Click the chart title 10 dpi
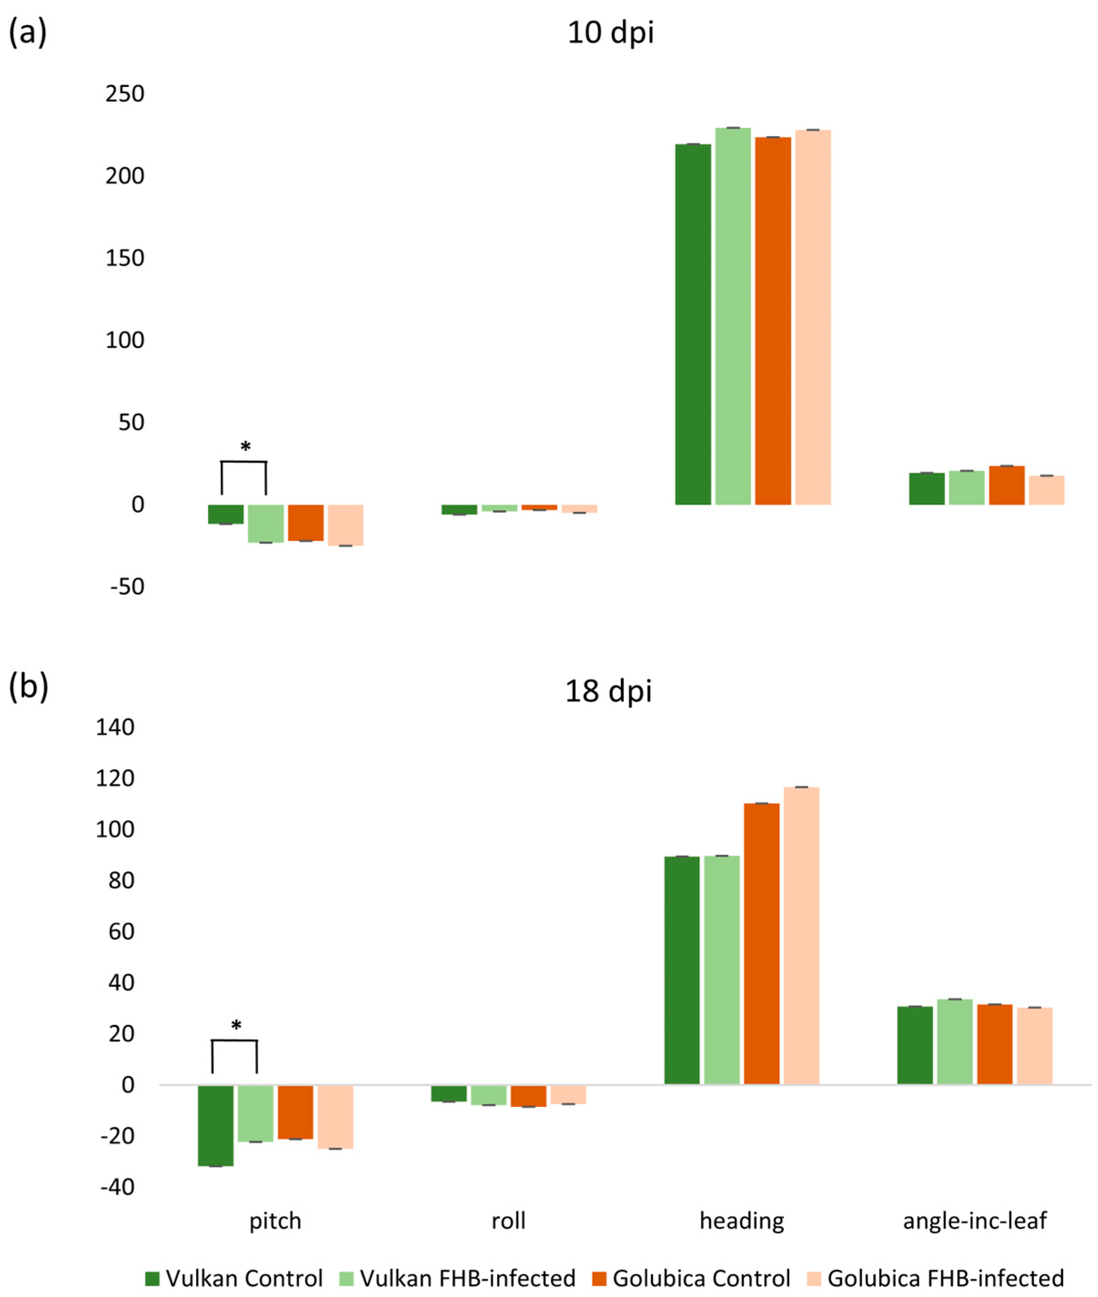[x=611, y=32]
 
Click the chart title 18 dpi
[x=608, y=691]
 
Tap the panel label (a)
[x=27, y=32]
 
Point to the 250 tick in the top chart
[x=125, y=94]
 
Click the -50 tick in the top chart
[x=127, y=586]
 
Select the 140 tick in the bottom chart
[x=115, y=727]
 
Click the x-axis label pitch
[x=275, y=1221]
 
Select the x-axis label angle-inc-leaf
[x=975, y=1221]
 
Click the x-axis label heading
[x=742, y=1221]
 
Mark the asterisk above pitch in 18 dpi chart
[x=236, y=1025]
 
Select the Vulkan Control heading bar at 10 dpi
[x=693, y=324]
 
